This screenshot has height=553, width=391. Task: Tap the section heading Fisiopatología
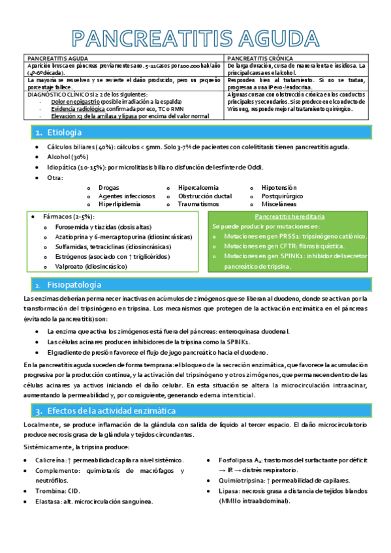tap(74, 285)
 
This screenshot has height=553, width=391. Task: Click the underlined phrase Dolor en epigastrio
tap(76, 102)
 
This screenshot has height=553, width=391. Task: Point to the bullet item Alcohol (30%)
tap(67, 157)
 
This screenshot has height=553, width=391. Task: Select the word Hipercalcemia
tap(198, 187)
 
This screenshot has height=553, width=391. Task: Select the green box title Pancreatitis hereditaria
tap(289, 217)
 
